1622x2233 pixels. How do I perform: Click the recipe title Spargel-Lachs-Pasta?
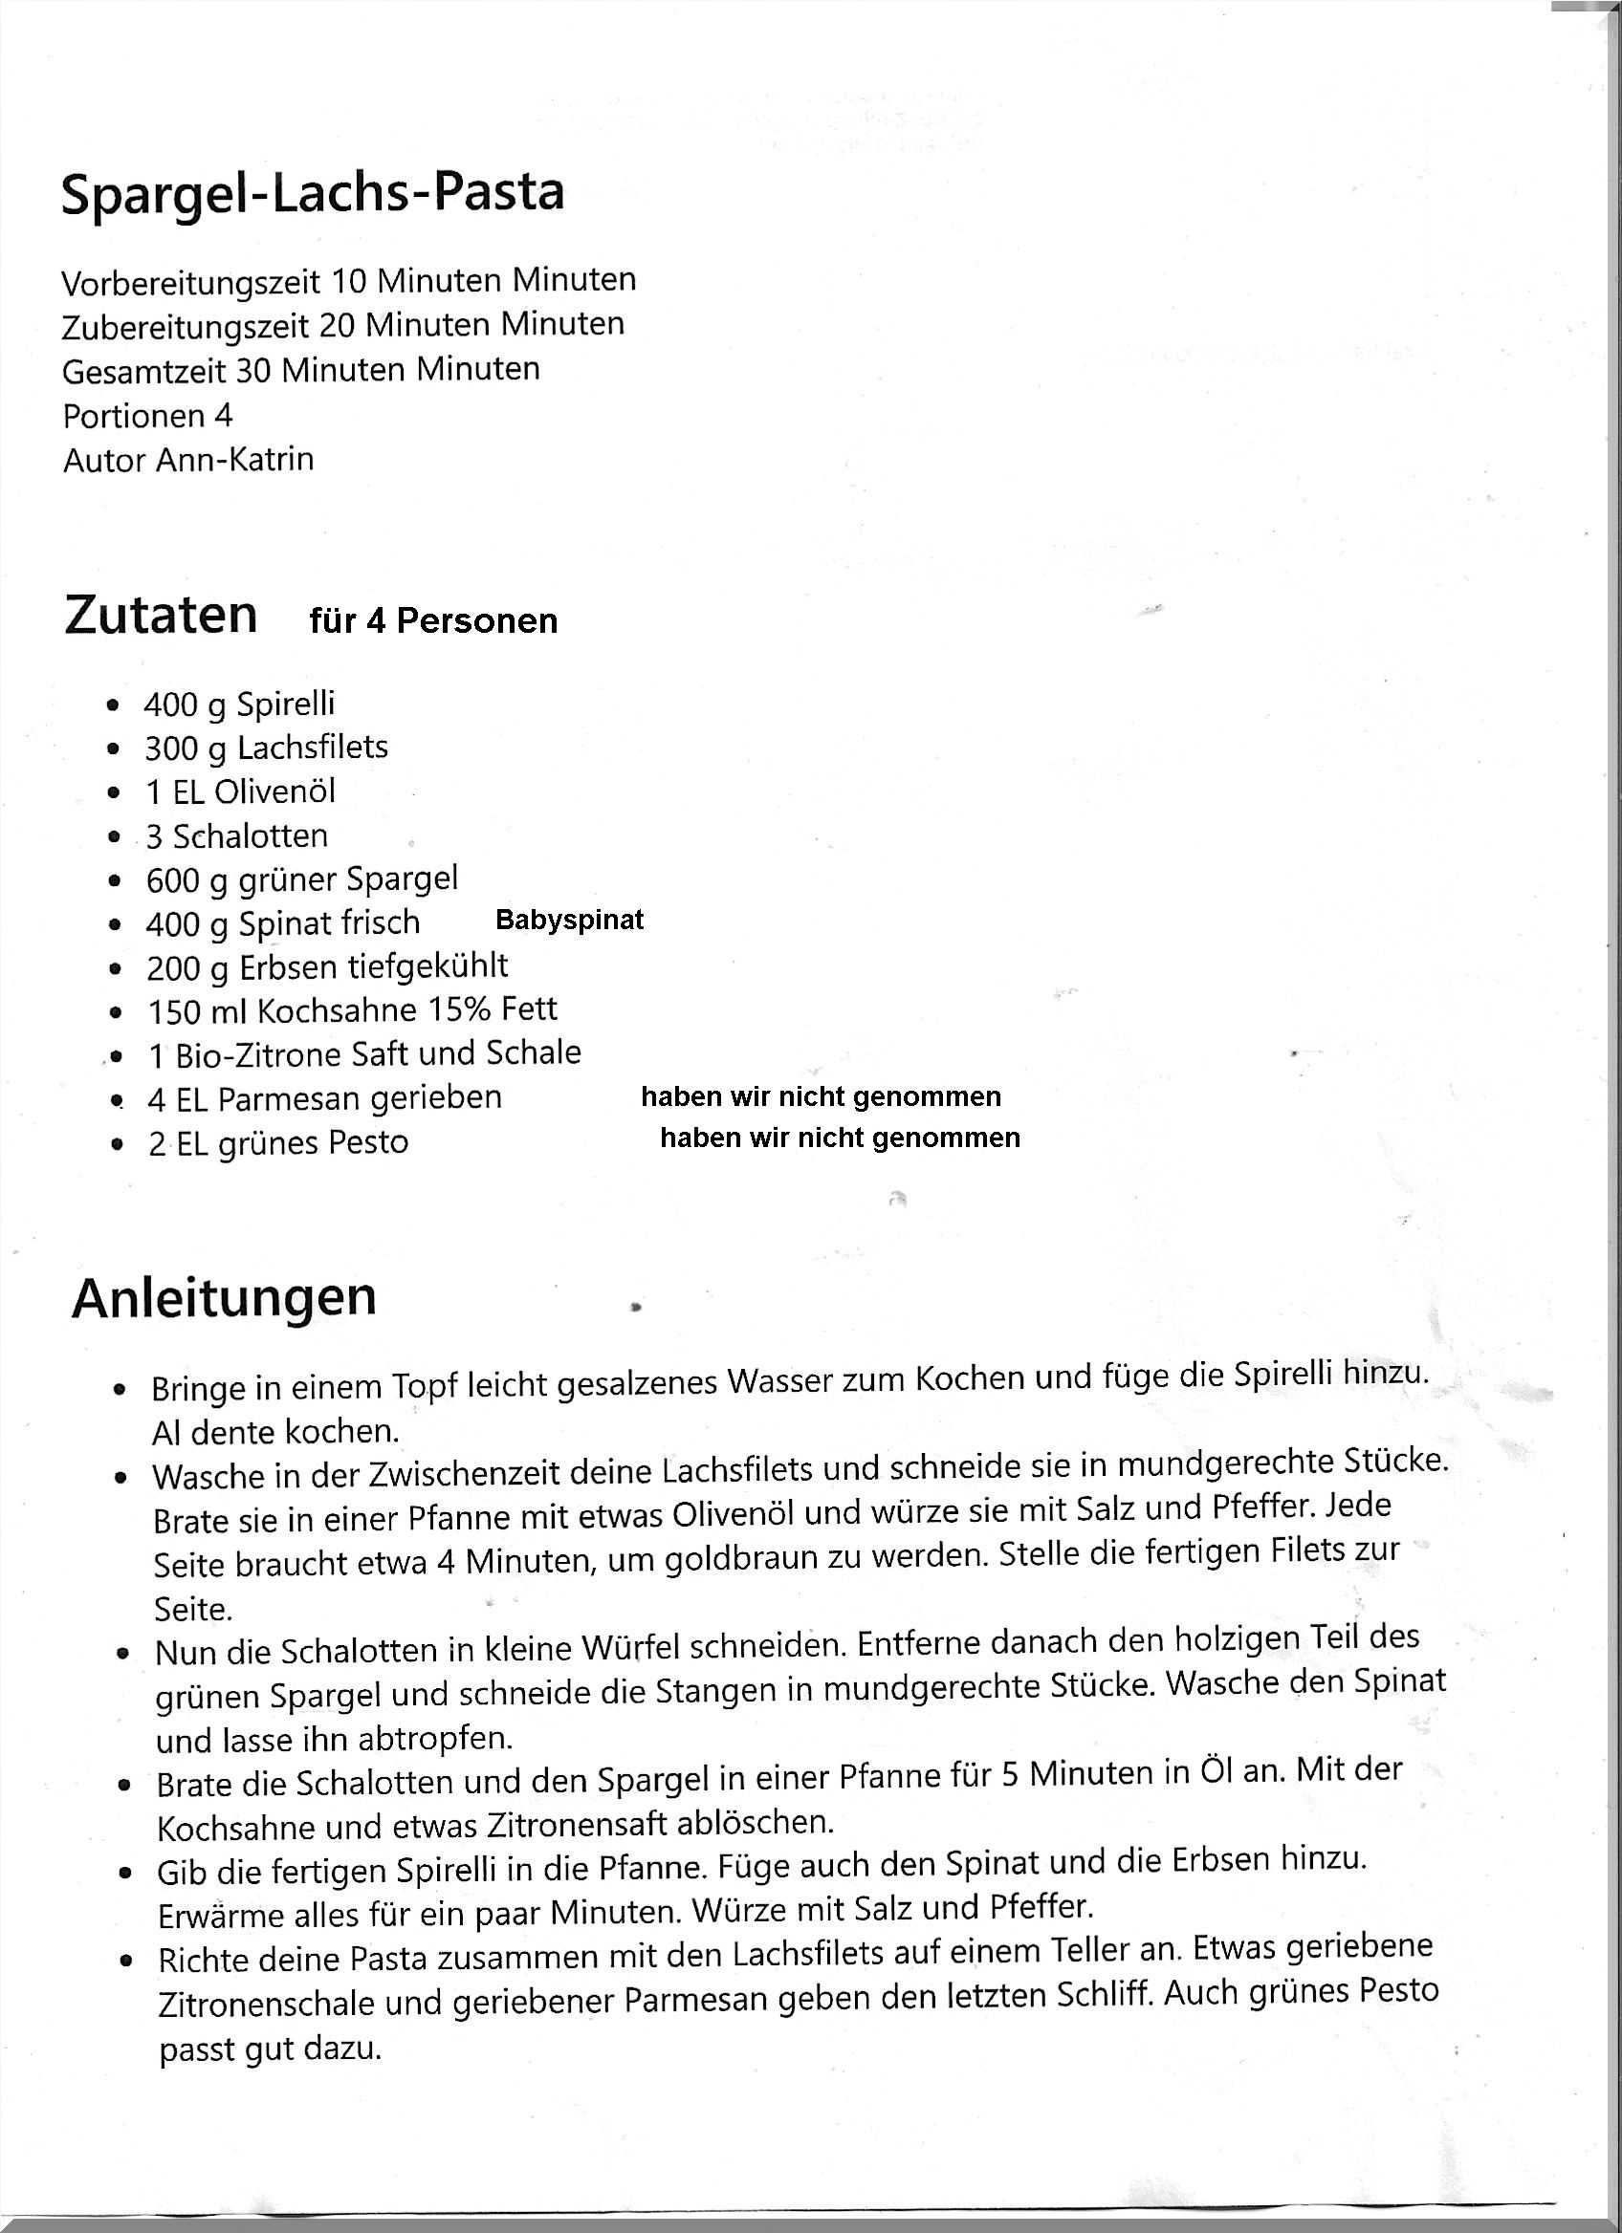[x=312, y=193]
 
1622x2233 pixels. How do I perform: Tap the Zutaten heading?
[x=161, y=616]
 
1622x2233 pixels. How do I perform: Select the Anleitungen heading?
[x=224, y=1298]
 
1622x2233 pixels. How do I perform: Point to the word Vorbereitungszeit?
[x=191, y=283]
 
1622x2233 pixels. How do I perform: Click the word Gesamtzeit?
[x=143, y=371]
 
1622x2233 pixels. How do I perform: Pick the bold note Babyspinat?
[x=569, y=920]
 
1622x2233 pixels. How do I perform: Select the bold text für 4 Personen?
[x=433, y=621]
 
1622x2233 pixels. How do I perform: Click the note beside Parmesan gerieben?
[x=821, y=1096]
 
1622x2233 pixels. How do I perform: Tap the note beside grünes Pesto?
[x=839, y=1138]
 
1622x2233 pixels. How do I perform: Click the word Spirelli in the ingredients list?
[x=286, y=704]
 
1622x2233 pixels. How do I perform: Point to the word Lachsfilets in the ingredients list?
[x=313, y=748]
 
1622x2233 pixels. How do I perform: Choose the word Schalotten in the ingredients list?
[x=251, y=836]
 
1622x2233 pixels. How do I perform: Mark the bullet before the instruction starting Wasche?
[x=121, y=1478]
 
